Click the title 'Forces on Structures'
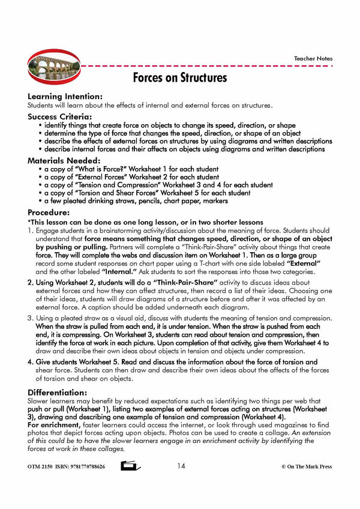point(180,78)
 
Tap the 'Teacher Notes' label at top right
point(313,59)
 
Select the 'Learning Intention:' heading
point(65,96)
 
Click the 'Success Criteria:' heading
point(59,116)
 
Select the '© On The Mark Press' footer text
point(306,467)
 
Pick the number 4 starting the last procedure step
point(30,362)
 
